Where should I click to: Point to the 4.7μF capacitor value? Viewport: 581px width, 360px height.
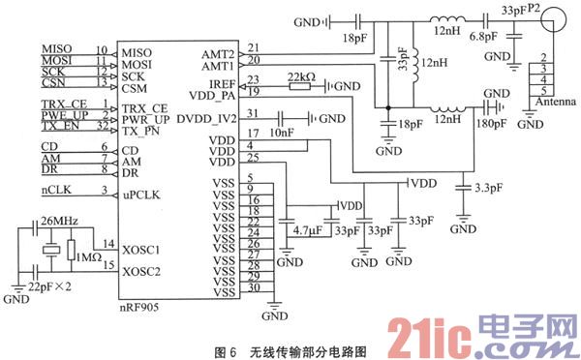(x=306, y=231)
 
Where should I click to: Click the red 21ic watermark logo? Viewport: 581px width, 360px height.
(x=422, y=334)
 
